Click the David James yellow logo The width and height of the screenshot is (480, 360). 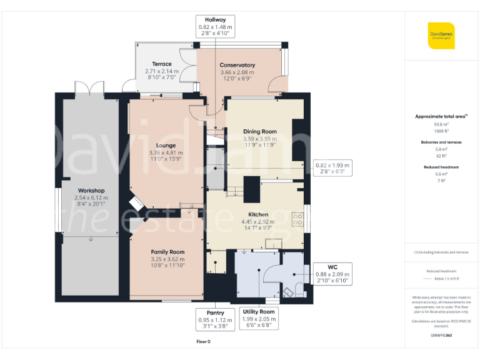(441, 34)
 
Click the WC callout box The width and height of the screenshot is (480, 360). (332, 274)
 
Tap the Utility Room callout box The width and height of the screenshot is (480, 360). (258, 319)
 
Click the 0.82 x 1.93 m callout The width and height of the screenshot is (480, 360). (333, 168)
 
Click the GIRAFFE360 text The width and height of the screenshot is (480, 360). (441, 336)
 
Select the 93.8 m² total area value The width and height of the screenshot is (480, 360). (441, 124)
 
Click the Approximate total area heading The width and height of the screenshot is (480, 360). (441, 116)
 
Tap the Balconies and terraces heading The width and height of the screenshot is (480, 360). (441, 142)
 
